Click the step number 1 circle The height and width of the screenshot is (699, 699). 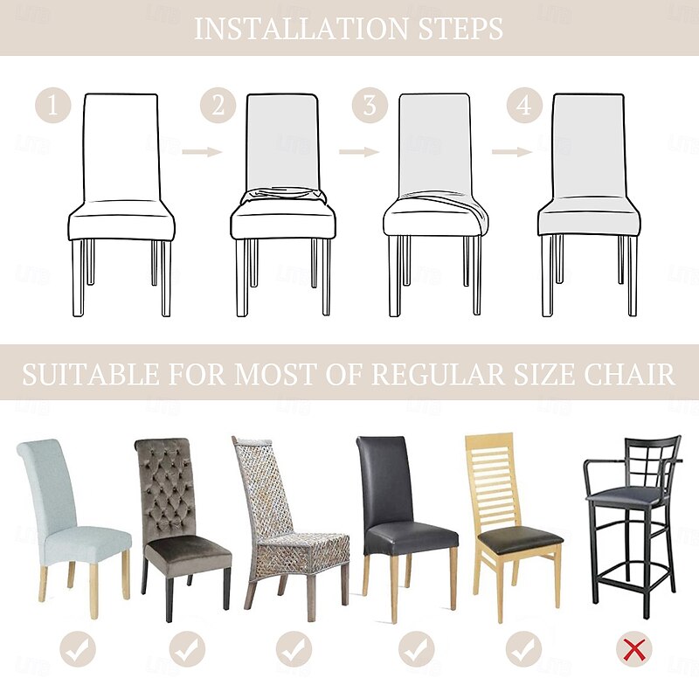point(52,107)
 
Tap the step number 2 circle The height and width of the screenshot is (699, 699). point(218,107)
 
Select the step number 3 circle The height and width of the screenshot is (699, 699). point(370,107)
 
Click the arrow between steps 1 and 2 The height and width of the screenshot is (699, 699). point(202,152)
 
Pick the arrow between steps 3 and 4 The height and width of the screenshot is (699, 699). point(511,152)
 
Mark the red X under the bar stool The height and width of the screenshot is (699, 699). point(633,649)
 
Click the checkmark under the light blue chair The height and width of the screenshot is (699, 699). point(77,649)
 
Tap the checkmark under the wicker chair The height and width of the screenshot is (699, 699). point(294,649)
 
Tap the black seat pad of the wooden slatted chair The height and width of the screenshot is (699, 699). point(516,543)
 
